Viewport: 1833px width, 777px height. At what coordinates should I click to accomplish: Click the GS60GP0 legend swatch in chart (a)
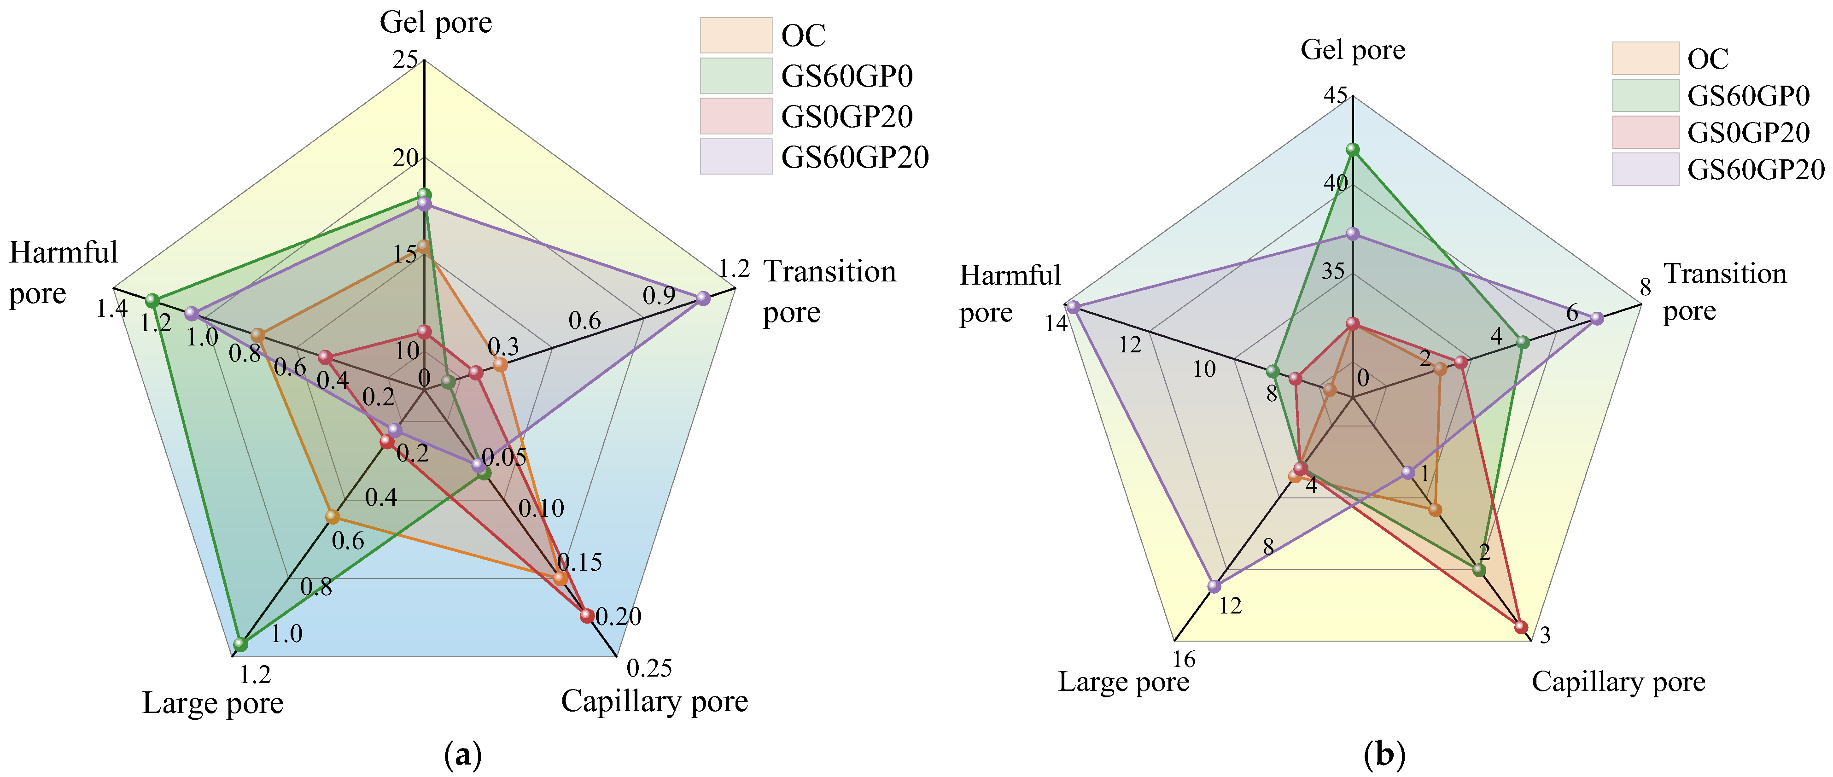[736, 76]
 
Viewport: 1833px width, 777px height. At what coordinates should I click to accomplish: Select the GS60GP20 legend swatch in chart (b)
[1645, 169]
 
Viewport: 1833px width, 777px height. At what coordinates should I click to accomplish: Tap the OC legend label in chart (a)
[803, 35]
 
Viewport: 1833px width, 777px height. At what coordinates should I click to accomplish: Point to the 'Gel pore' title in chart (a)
[436, 23]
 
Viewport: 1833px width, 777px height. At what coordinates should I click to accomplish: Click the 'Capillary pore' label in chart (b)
[1618, 682]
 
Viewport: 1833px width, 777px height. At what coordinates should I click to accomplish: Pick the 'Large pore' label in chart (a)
[213, 703]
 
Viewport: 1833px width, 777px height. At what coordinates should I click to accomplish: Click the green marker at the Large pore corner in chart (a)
[240, 645]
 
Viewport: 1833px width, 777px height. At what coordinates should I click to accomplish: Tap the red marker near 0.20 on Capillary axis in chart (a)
[587, 615]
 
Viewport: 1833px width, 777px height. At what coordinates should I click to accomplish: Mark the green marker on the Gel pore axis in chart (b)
[1353, 149]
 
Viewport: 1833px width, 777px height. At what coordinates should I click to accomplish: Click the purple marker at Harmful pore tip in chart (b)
[1073, 307]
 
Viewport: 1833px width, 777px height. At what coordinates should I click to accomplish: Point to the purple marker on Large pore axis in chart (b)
[1214, 586]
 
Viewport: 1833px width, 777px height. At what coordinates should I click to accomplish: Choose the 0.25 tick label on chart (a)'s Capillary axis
[649, 668]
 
